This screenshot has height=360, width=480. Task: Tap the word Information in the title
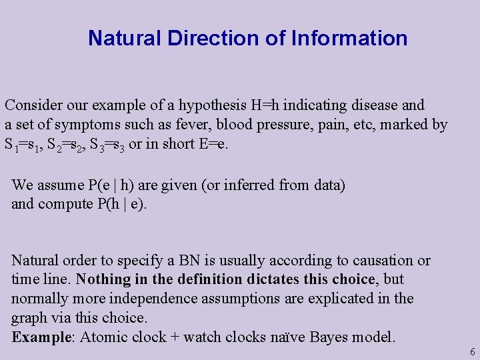tap(349, 38)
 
